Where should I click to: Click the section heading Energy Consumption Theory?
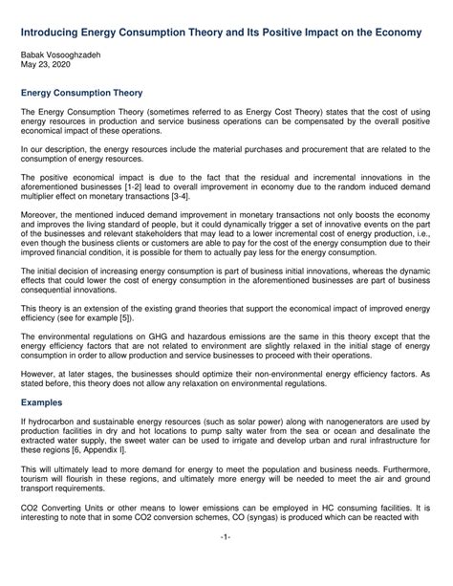[82, 94]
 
